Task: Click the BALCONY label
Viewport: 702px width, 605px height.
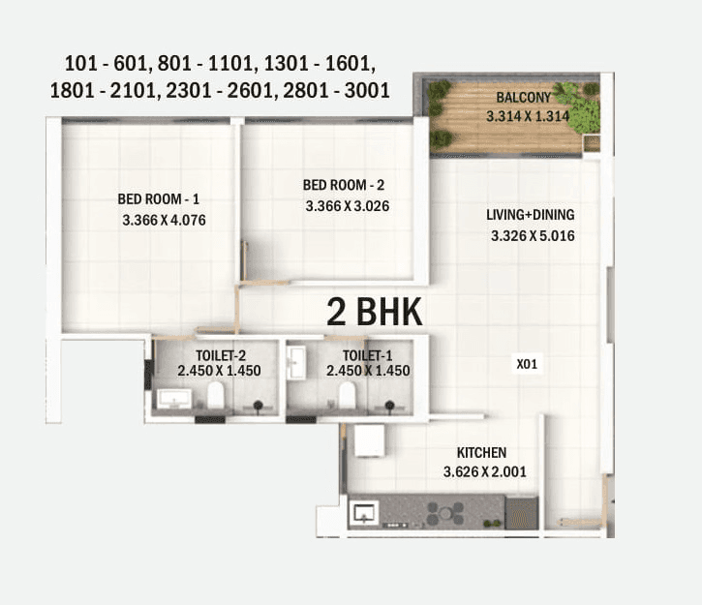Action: pyautogui.click(x=523, y=98)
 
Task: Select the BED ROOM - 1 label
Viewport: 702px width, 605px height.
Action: pyautogui.click(x=159, y=199)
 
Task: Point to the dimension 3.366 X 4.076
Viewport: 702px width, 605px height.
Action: pyautogui.click(x=165, y=220)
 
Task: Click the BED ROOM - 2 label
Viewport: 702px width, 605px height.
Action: pyautogui.click(x=344, y=185)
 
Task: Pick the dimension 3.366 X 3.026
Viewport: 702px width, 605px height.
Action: pyautogui.click(x=348, y=205)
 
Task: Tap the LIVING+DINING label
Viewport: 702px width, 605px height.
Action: pyautogui.click(x=531, y=215)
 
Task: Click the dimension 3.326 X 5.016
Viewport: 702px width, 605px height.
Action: pyautogui.click(x=534, y=235)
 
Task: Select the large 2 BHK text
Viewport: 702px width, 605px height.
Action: pyautogui.click(x=374, y=312)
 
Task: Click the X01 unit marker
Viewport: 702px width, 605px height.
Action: pyautogui.click(x=527, y=364)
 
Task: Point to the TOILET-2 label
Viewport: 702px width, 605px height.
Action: pyautogui.click(x=220, y=355)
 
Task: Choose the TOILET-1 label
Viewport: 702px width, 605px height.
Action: pyautogui.click(x=368, y=355)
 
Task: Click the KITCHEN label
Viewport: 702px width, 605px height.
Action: pyautogui.click(x=481, y=452)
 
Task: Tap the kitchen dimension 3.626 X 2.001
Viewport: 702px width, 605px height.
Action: pyautogui.click(x=484, y=471)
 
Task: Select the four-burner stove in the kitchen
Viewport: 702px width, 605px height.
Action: pyautogui.click(x=445, y=511)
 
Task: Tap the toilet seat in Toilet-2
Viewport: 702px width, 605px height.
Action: pyautogui.click(x=216, y=395)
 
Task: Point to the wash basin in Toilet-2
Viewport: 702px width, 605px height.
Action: pyautogui.click(x=174, y=397)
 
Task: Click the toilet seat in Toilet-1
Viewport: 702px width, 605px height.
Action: pyautogui.click(x=346, y=395)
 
